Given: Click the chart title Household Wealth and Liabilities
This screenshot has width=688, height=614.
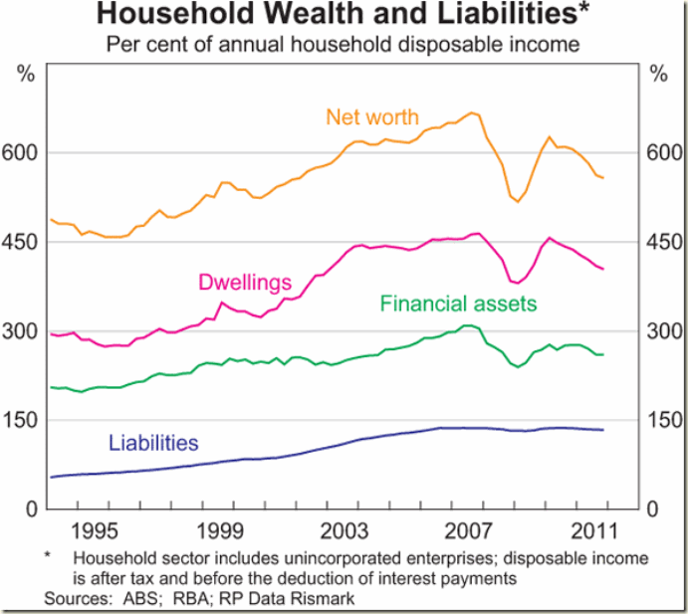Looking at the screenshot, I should (338, 15).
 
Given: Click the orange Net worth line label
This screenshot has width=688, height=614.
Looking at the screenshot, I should (372, 116).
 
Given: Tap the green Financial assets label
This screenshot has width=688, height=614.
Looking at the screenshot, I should (458, 303).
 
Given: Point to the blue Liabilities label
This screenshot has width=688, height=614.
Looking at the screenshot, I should (153, 443).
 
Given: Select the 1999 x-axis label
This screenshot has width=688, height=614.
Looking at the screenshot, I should (222, 528).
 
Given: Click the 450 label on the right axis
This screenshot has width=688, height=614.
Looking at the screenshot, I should (664, 242).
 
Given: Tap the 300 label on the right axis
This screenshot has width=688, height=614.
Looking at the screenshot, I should (664, 331).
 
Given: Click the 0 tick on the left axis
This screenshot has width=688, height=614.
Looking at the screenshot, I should (32, 510).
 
